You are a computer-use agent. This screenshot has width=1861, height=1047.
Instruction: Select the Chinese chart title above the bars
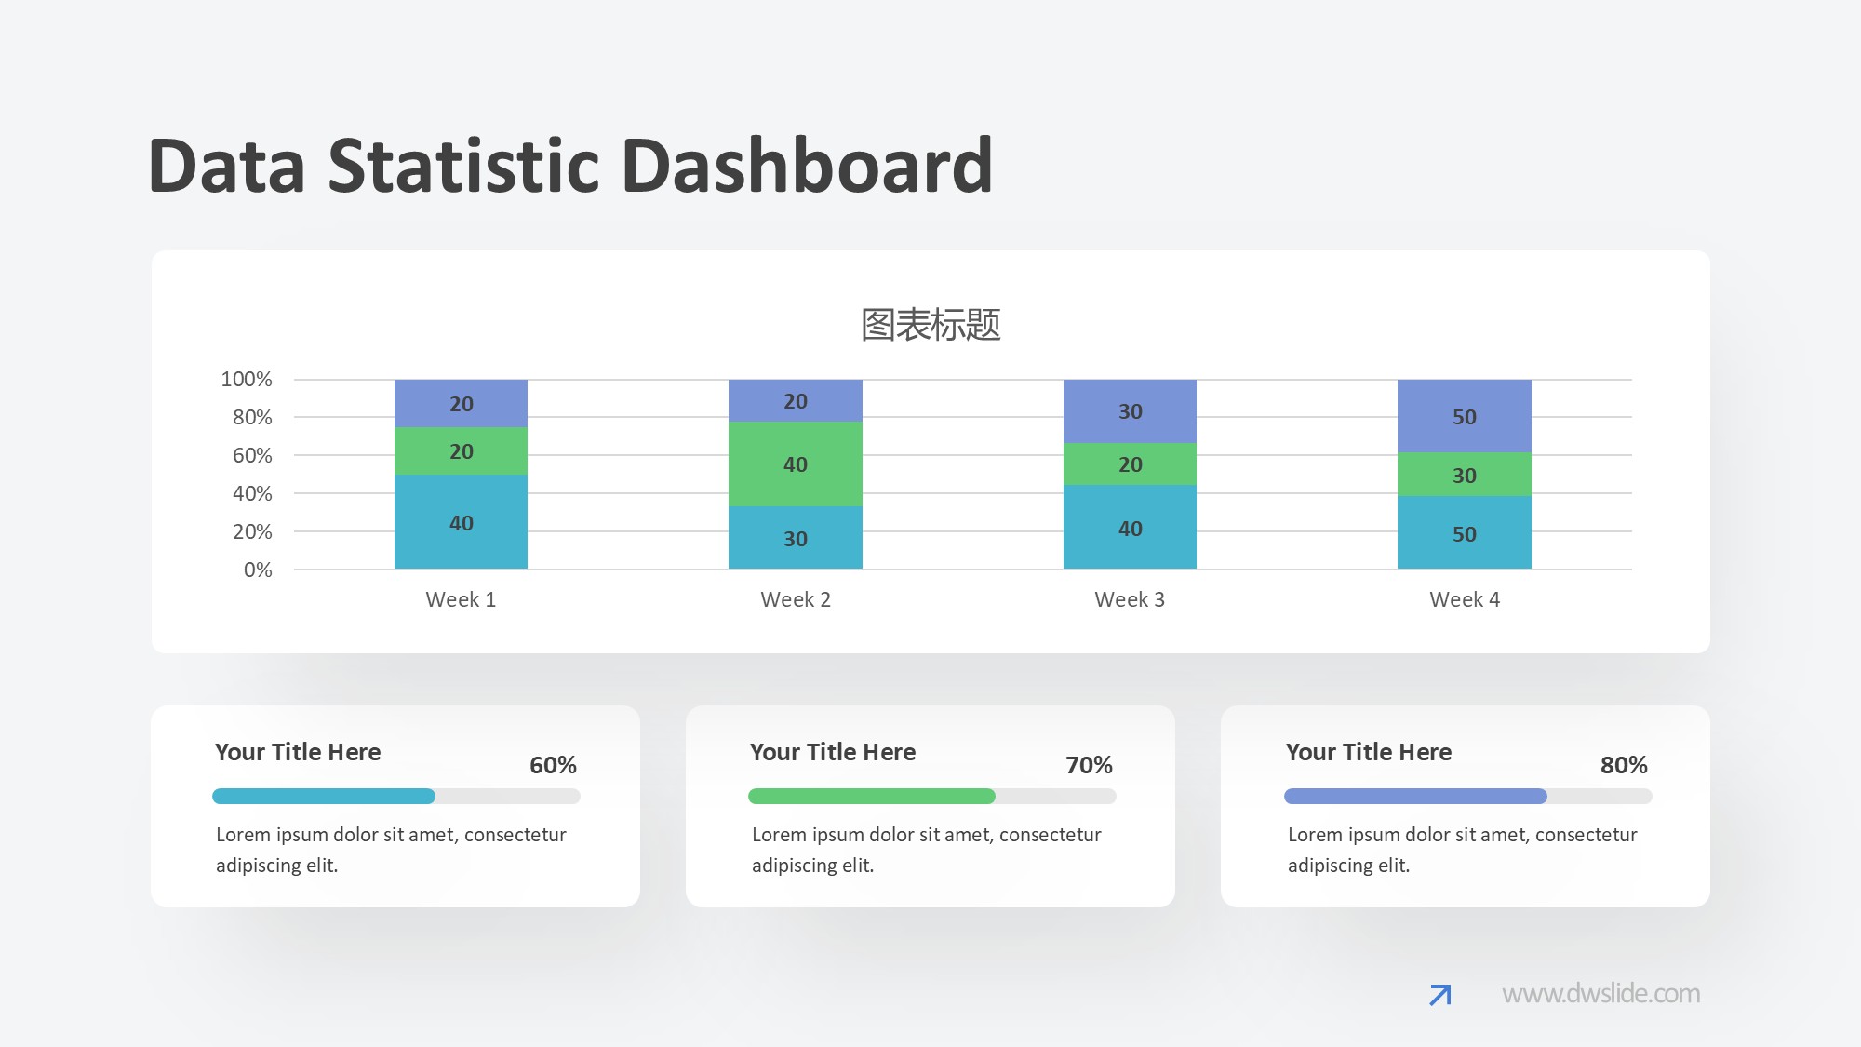click(x=930, y=325)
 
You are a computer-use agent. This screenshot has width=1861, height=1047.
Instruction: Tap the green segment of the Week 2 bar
click(x=795, y=463)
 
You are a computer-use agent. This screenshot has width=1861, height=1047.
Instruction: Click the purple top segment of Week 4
click(x=1464, y=416)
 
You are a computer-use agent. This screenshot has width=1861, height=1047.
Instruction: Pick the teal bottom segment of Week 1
click(x=461, y=522)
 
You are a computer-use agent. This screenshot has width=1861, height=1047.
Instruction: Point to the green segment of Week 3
click(x=1130, y=463)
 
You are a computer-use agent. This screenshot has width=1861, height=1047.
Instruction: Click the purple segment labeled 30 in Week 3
click(x=1130, y=410)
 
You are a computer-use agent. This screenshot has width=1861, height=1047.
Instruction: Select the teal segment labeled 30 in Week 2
click(x=795, y=538)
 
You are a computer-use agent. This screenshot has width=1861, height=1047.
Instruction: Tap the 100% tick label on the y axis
click(x=247, y=379)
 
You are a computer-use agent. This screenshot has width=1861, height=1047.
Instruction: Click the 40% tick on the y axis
click(x=252, y=493)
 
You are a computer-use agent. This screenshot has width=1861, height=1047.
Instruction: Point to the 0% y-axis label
click(x=258, y=570)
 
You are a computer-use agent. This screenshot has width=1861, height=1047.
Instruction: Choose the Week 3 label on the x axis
click(x=1130, y=599)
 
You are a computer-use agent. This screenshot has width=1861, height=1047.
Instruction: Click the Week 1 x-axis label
click(x=461, y=599)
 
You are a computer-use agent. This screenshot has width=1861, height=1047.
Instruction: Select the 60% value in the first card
click(x=553, y=765)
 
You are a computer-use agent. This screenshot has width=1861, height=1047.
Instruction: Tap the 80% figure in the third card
click(x=1624, y=765)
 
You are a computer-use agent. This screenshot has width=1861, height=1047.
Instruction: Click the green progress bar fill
click(x=871, y=796)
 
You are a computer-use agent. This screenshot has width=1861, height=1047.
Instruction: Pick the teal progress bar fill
click(x=323, y=796)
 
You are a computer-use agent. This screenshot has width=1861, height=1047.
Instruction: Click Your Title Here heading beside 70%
click(x=833, y=752)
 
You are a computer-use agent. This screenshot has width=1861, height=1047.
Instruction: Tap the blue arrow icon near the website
click(x=1439, y=995)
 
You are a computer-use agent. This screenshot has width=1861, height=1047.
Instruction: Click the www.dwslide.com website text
click(x=1600, y=994)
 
